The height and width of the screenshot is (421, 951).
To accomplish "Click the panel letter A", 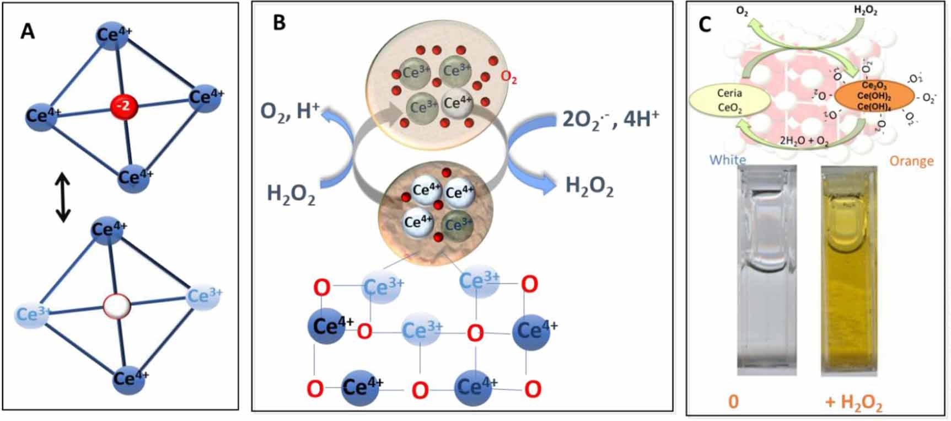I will pyautogui.click(x=28, y=31).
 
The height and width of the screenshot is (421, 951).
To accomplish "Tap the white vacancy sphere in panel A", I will pyautogui.click(x=117, y=306).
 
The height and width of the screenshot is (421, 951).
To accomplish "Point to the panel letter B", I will pyautogui.click(x=280, y=23).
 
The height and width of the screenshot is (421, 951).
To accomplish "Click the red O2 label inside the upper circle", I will pyautogui.click(x=508, y=78).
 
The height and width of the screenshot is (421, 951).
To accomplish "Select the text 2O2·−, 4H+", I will pyautogui.click(x=610, y=119).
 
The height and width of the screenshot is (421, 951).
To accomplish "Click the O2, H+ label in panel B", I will pyautogui.click(x=290, y=111).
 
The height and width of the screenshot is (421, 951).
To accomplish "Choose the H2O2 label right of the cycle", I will pyautogui.click(x=589, y=186).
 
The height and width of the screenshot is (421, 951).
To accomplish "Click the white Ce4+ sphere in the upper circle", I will pyautogui.click(x=458, y=103).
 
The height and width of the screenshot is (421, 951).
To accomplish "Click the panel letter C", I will pyautogui.click(x=705, y=25).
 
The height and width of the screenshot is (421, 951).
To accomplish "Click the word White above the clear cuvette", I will pyautogui.click(x=727, y=160).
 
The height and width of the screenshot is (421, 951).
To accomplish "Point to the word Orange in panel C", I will pyautogui.click(x=911, y=161).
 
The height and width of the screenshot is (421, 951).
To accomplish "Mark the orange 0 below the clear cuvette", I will pyautogui.click(x=733, y=401).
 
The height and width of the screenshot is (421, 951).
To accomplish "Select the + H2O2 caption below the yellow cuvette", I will pyautogui.click(x=853, y=403).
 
